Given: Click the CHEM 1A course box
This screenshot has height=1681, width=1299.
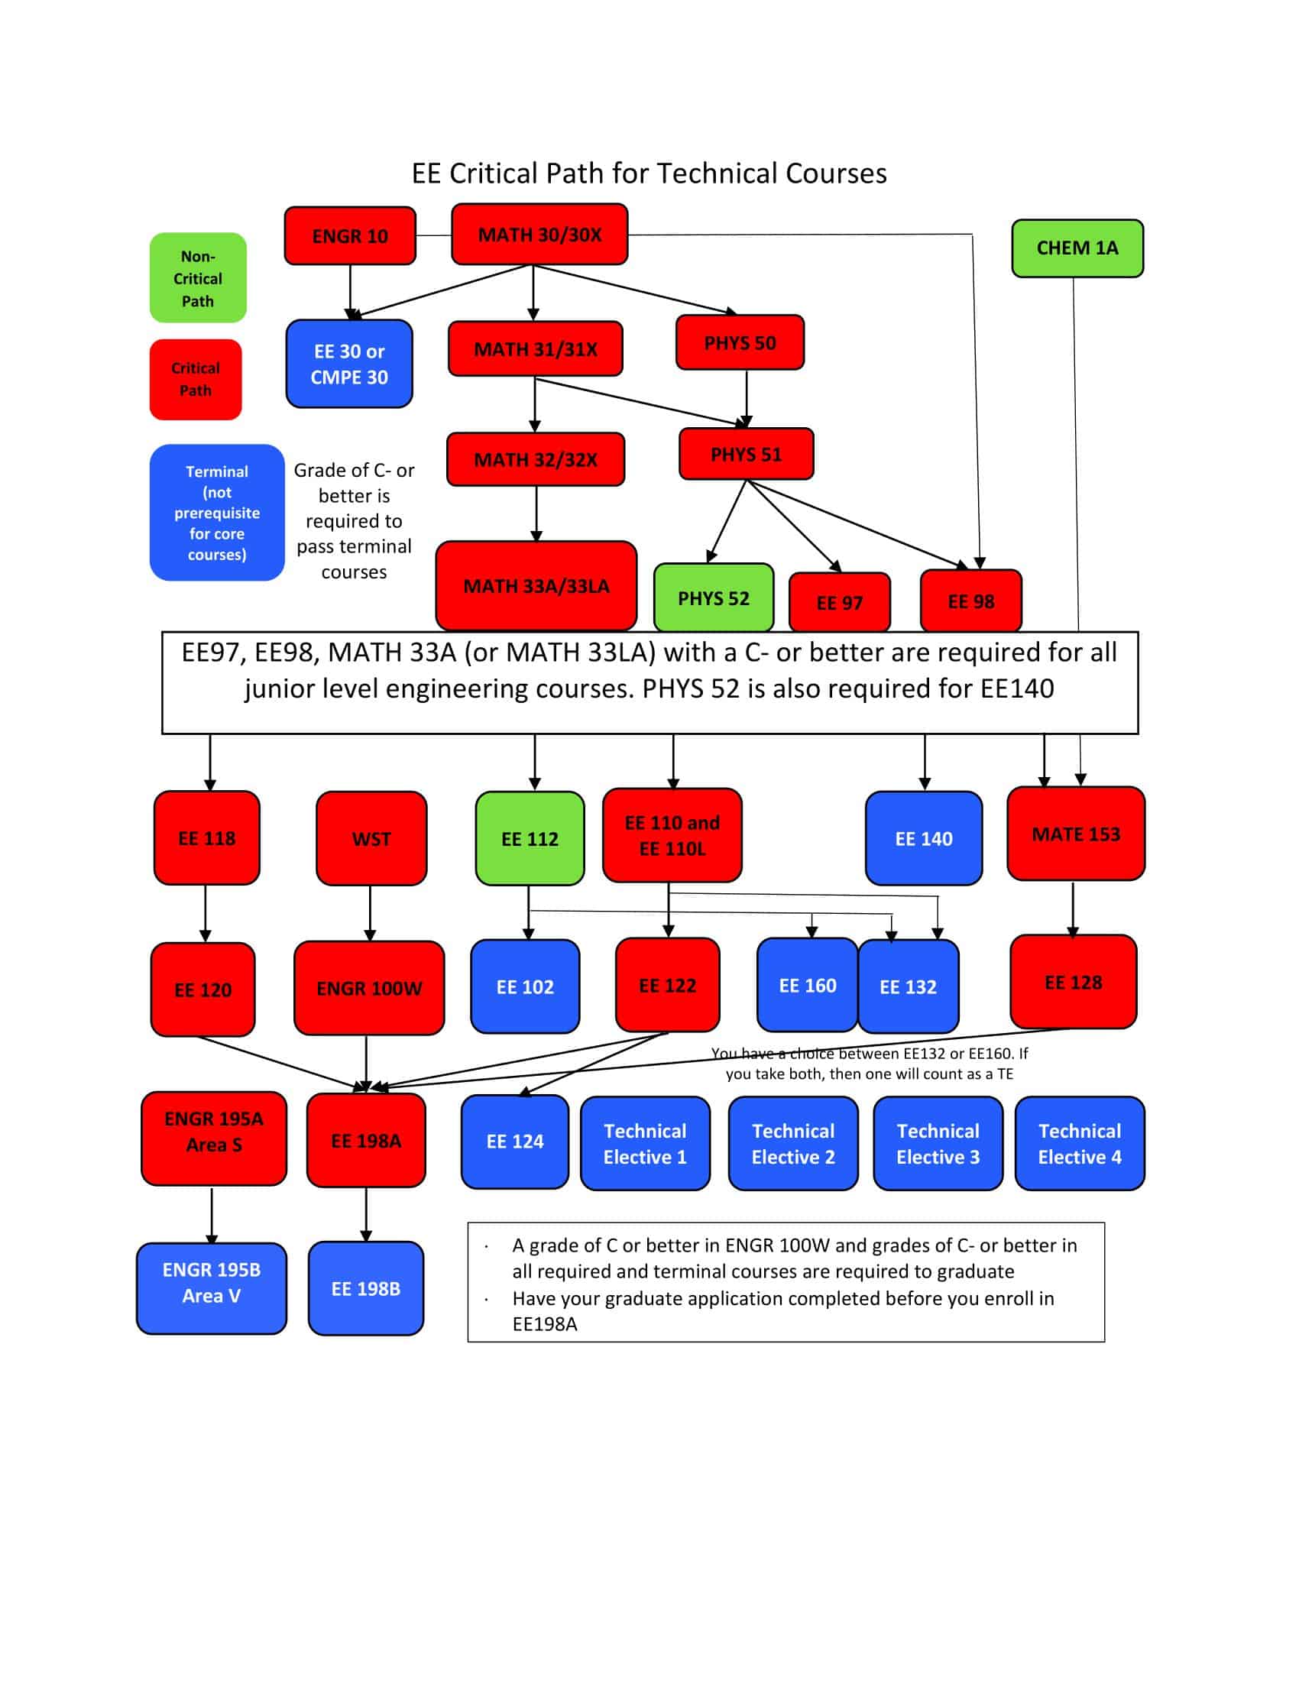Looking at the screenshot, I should click(x=1077, y=248).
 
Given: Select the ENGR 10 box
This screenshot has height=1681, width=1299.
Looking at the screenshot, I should click(x=349, y=235).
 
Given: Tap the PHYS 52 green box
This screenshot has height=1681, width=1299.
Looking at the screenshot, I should click(x=713, y=598).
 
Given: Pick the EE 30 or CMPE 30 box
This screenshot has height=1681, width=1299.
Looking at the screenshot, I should click(x=348, y=363).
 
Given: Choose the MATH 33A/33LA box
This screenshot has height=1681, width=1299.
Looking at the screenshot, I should click(x=536, y=586).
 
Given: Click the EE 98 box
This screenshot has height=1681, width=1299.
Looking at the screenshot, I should click(x=970, y=601).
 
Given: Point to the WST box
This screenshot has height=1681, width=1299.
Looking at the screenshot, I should click(x=371, y=838).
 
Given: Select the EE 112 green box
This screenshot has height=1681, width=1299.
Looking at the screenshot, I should click(x=530, y=838).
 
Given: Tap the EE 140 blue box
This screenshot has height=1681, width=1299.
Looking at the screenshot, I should click(x=924, y=838).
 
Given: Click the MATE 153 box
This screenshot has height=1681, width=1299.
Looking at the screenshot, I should click(x=1076, y=834).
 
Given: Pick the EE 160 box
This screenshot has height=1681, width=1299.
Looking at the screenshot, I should click(x=806, y=985).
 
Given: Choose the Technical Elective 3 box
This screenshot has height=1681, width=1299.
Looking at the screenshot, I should click(x=938, y=1144).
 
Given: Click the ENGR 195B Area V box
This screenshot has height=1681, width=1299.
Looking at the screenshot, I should click(x=211, y=1282).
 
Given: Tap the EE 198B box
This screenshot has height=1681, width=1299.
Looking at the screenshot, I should click(x=365, y=1288).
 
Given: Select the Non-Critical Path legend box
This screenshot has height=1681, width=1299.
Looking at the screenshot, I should click(x=198, y=278).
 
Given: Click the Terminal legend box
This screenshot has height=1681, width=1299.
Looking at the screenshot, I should click(x=216, y=513).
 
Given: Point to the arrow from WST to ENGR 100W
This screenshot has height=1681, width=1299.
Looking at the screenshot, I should click(x=370, y=913).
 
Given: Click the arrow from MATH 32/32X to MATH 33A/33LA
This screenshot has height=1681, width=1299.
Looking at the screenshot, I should click(x=536, y=513).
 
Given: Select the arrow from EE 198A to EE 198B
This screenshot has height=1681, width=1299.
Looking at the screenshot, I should click(x=366, y=1215).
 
